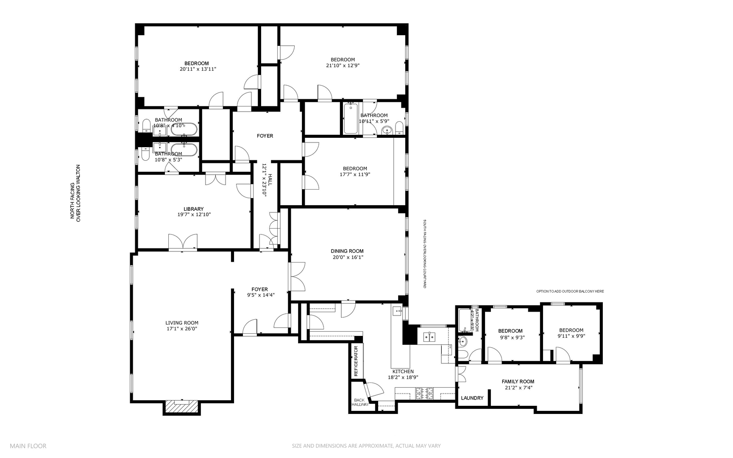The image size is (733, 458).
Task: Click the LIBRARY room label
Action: (x=194, y=209)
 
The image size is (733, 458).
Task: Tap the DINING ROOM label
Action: (x=347, y=251)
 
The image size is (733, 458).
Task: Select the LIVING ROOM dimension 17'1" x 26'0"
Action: (x=181, y=329)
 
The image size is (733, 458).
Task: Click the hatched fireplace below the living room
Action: (x=181, y=407)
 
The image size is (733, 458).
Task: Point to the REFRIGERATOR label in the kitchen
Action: (x=356, y=361)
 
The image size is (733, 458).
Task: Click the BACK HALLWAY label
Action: (x=359, y=402)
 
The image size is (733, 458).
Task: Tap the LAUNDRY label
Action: (x=472, y=398)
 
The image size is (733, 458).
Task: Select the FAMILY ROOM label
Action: (x=518, y=382)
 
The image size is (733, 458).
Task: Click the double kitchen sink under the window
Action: (x=430, y=338)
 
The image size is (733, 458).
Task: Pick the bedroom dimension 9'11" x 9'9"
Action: (x=571, y=336)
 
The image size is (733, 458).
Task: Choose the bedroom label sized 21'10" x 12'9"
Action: (x=343, y=60)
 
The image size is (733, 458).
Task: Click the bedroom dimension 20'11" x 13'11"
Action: (x=198, y=69)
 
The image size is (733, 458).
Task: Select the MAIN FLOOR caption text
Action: (x=28, y=446)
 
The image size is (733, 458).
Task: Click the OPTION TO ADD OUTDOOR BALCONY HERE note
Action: (x=570, y=291)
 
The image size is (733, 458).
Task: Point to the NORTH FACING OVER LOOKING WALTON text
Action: (x=75, y=193)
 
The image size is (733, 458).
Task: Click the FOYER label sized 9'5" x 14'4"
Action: (x=259, y=290)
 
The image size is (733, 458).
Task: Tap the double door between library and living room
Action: (x=183, y=243)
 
